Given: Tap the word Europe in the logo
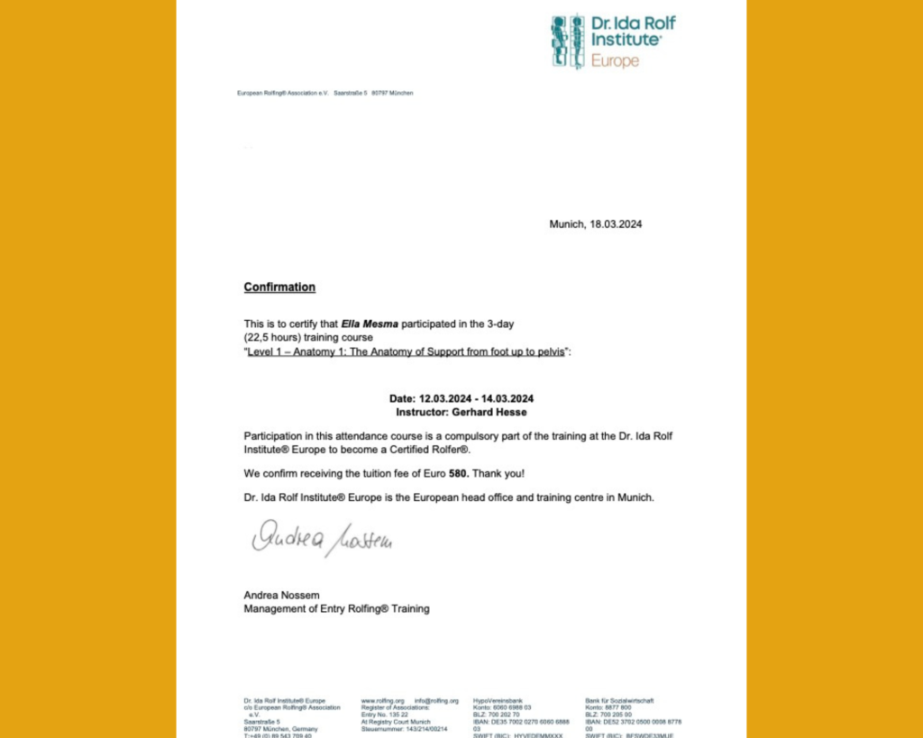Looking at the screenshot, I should click(615, 61).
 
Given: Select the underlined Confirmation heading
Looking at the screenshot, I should click(279, 287).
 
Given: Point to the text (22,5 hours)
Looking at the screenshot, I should click(276, 337).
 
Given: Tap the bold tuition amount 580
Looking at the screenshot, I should click(460, 473).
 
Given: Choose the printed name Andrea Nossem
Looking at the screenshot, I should click(281, 595).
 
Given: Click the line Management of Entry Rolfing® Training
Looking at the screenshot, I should click(336, 609).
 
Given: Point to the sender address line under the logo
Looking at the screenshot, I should click(324, 93).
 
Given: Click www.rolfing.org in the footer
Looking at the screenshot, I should click(382, 700).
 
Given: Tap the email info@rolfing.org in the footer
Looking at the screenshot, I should click(436, 700).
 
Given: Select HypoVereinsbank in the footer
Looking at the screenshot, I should click(498, 700).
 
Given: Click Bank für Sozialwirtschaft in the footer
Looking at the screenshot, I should click(619, 700).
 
